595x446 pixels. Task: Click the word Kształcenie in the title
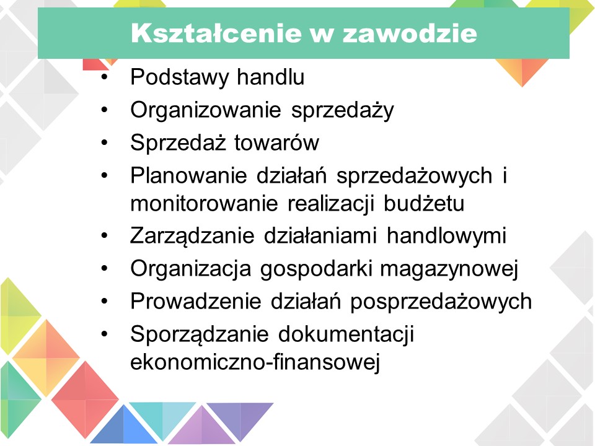[x=216, y=33]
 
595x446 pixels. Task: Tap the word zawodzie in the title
[x=410, y=33]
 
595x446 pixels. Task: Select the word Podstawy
[x=179, y=77]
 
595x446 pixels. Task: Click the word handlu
[x=271, y=77]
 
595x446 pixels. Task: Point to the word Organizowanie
[x=206, y=110]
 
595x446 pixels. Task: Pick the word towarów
[x=276, y=143]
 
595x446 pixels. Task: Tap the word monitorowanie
[x=204, y=204]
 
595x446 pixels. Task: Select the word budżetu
[x=424, y=203]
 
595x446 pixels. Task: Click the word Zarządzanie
[x=192, y=235]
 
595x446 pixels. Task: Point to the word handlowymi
[x=447, y=235]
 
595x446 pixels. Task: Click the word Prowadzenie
[x=196, y=302]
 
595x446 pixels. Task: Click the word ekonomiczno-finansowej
[x=255, y=362]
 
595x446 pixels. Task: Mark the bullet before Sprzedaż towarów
[x=105, y=142]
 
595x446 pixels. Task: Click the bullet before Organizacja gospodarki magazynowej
[x=105, y=268]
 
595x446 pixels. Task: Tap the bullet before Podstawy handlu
[x=105, y=77]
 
